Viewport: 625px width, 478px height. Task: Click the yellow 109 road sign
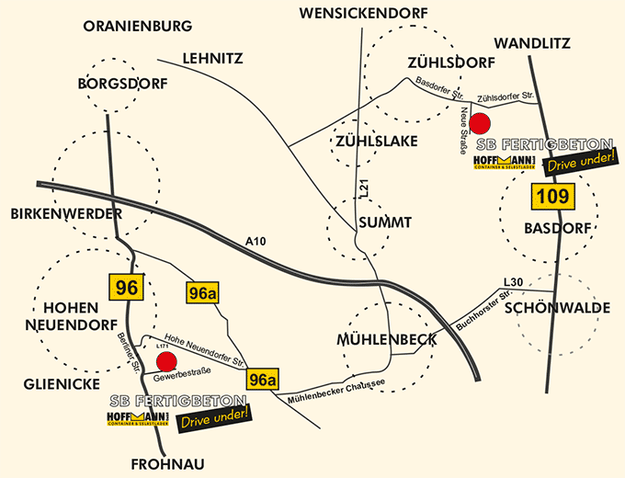coord(553,195)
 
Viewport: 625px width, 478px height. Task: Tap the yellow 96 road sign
coord(127,288)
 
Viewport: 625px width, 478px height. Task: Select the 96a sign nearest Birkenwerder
coord(201,292)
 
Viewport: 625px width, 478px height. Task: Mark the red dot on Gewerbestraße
coord(166,360)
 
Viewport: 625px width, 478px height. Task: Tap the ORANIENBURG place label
coord(138,26)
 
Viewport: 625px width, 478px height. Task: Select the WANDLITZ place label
coord(532,43)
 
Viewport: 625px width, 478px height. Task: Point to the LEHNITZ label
coord(212,58)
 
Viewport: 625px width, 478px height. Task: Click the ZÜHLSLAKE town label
coord(377,141)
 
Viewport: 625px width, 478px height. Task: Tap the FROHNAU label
coord(166,462)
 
